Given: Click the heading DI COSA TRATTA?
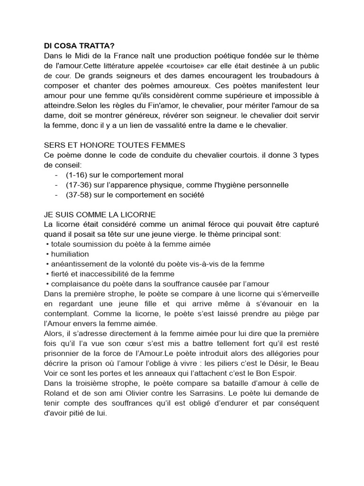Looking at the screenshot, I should pos(79,47).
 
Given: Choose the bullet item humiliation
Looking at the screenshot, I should pos(70,254).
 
